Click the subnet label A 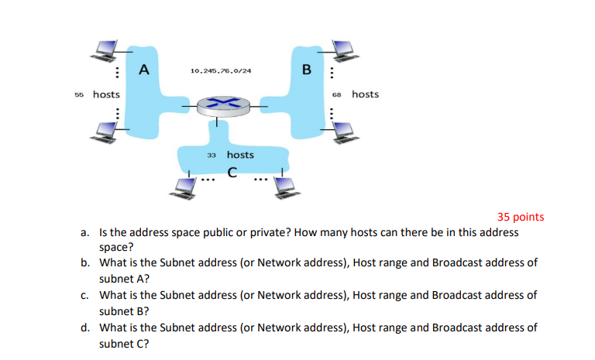[143, 70]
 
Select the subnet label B [306, 70]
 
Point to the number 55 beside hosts [79, 94]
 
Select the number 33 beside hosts [212, 156]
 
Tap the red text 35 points [521, 217]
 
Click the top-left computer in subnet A [105, 50]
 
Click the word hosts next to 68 [365, 94]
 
